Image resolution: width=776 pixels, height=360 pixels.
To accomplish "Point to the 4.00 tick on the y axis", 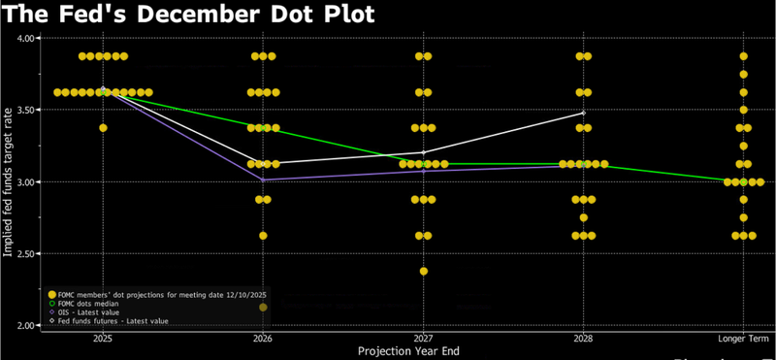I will point(24,38).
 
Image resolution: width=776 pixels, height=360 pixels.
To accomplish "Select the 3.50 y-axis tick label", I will point(24,110).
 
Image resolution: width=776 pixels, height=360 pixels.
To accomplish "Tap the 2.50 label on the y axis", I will point(24,253).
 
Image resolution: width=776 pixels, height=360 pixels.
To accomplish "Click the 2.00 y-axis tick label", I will point(24,325).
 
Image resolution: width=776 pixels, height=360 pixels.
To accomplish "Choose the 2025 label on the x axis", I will point(102,339).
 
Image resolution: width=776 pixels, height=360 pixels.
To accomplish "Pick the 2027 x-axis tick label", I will point(423,339).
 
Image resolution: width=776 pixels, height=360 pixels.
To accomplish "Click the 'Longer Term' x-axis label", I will point(743,339).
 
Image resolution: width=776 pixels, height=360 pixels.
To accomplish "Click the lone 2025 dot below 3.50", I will point(103,128).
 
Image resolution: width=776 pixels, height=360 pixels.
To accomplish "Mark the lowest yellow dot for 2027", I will point(423,272).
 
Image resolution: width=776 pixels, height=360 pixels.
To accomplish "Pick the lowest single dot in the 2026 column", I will point(263,236).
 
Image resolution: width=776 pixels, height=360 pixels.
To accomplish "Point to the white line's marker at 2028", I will point(583,113).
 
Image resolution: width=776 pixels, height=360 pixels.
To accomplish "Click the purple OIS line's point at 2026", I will point(263,180).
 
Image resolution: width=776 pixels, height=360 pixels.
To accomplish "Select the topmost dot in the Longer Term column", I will point(744,56).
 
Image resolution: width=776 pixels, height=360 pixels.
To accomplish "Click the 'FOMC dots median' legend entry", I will point(93,302).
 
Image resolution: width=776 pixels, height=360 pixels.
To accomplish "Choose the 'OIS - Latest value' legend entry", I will point(91,311).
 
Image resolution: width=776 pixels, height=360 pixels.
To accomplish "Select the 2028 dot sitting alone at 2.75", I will point(583,217).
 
